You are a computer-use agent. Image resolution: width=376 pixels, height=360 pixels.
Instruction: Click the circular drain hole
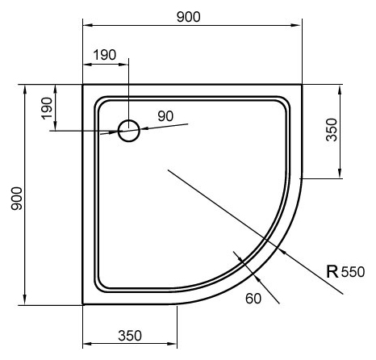(128, 130)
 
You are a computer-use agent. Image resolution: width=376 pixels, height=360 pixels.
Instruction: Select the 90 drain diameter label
(166, 115)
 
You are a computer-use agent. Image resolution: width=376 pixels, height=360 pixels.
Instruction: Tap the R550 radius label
(345, 271)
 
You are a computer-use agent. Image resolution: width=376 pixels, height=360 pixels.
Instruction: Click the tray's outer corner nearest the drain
(83, 83)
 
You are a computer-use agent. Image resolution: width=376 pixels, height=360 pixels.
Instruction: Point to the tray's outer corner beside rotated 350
(302, 83)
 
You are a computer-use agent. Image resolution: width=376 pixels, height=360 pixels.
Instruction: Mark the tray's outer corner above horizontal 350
(83, 304)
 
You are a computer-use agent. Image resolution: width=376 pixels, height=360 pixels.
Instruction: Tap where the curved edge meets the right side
(302, 177)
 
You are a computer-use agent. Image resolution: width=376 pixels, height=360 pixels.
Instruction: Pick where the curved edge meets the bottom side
(177, 304)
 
